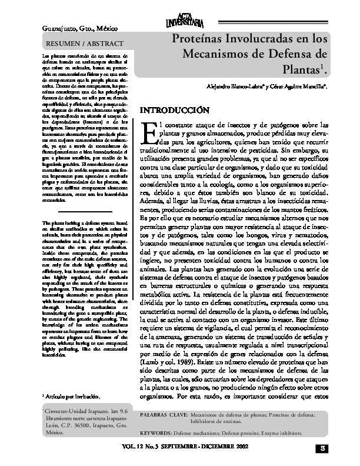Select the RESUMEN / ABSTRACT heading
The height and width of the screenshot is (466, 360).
click(x=85, y=44)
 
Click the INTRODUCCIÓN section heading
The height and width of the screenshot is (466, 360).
click(x=173, y=110)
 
